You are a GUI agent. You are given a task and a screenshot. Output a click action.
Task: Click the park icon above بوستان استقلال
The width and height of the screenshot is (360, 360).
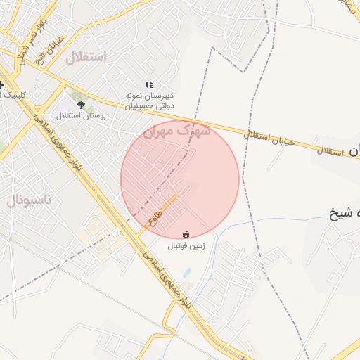click(x=82, y=104)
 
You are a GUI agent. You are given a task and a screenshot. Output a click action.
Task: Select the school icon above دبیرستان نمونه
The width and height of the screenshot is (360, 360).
click(x=149, y=84)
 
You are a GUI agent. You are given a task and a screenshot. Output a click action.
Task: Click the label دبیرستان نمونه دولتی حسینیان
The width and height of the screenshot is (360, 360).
click(x=149, y=101)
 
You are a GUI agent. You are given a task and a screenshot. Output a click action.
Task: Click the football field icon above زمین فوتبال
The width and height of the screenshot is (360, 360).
click(x=186, y=234)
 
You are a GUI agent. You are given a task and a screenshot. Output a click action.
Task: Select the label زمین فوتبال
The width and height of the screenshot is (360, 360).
click(x=186, y=246)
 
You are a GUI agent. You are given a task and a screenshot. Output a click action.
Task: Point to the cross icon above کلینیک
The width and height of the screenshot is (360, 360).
click(x=2, y=84)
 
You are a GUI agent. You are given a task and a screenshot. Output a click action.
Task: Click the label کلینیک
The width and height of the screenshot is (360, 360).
click(x=12, y=95)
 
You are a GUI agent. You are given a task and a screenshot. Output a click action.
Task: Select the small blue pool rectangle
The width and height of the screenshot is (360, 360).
click(x=186, y=273)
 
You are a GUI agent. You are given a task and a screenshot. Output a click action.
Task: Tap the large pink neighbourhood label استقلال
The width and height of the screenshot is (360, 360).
click(x=85, y=58)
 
